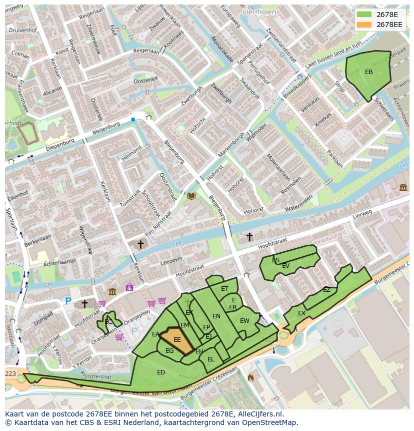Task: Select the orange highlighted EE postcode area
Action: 176,340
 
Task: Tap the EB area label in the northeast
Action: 368,72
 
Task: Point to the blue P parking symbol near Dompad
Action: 68,301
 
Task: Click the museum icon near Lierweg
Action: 403,187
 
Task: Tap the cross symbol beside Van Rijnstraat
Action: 140,244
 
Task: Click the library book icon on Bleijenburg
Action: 191,196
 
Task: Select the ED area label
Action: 161,372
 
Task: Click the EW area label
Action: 244,321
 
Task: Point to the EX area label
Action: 301,313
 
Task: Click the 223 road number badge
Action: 10,374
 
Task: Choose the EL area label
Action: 210,359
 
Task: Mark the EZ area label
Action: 326,290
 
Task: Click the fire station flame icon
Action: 250,378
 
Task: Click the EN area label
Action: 216,316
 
